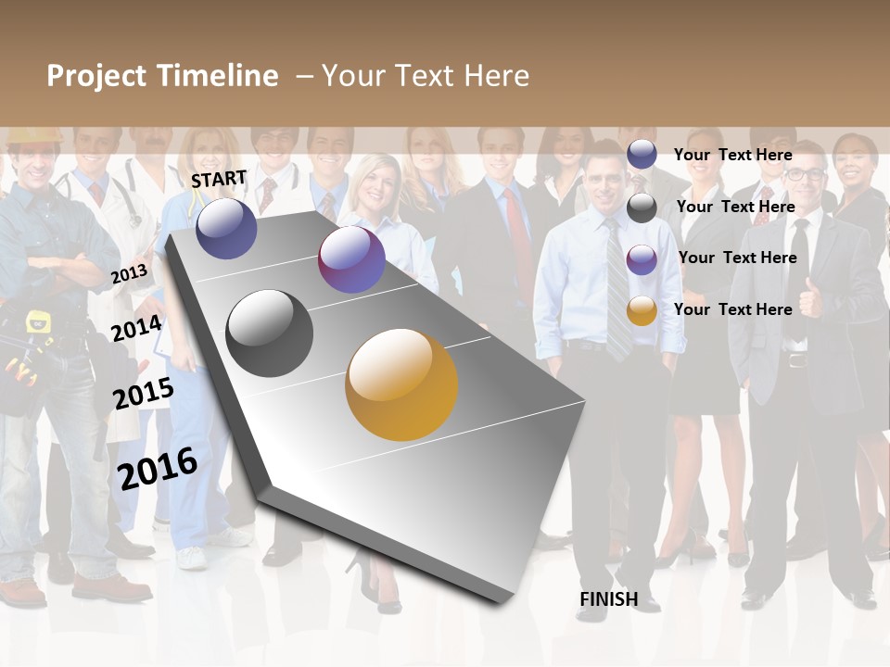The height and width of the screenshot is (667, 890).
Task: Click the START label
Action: pyautogui.click(x=219, y=179)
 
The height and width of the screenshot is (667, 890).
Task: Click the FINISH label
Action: pyautogui.click(x=608, y=599)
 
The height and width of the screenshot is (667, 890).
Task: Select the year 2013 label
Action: pyautogui.click(x=129, y=273)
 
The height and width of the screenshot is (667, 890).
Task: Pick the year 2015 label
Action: pyautogui.click(x=143, y=394)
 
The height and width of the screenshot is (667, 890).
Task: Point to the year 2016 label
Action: pyautogui.click(x=158, y=468)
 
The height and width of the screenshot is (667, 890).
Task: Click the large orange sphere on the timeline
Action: pyautogui.click(x=401, y=384)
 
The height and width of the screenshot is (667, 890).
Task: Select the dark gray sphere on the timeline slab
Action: pyautogui.click(x=270, y=333)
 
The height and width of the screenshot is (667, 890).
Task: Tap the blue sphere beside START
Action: pyautogui.click(x=226, y=228)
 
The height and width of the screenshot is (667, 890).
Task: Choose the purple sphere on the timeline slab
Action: pyautogui.click(x=351, y=259)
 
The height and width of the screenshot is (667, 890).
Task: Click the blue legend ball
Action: pyautogui.click(x=642, y=154)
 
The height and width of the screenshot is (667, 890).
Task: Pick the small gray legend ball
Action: pyautogui.click(x=642, y=208)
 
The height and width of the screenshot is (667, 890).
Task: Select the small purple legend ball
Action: pyautogui.click(x=642, y=258)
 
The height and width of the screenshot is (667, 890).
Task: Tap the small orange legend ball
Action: pyautogui.click(x=642, y=310)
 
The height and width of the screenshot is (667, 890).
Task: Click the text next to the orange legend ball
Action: pyautogui.click(x=732, y=309)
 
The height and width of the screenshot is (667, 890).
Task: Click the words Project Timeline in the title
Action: pyautogui.click(x=162, y=76)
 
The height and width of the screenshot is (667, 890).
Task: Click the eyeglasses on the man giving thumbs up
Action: pyautogui.click(x=806, y=173)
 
